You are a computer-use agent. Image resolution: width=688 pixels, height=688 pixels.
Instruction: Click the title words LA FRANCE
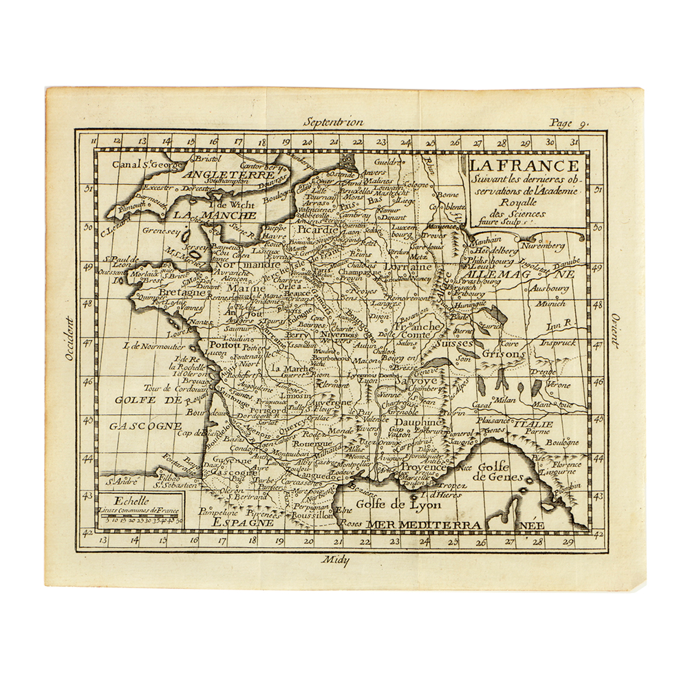click(523, 166)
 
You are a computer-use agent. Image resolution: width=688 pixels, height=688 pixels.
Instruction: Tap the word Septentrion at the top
click(335, 122)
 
